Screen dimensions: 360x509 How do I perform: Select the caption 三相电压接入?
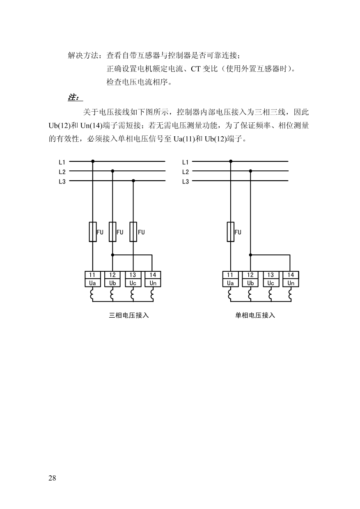point(129,315)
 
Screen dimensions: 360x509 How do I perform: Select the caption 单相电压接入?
point(255,315)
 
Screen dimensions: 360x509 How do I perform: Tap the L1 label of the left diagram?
point(62,162)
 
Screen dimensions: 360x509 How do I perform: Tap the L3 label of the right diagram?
point(186,181)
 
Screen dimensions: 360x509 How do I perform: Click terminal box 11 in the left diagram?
point(92,275)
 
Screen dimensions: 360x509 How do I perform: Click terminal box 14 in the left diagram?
point(153,275)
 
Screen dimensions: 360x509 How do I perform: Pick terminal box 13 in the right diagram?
point(271,275)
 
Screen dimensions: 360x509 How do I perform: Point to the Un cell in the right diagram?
point(291,283)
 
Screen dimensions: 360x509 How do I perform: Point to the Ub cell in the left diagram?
point(112,283)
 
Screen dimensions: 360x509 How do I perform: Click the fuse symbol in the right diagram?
point(230,232)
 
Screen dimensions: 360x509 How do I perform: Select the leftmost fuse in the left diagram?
point(92,232)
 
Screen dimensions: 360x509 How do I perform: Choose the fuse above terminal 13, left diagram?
point(133,232)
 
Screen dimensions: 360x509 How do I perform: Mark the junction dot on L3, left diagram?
point(133,181)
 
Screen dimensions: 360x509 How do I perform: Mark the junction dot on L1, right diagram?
point(231,161)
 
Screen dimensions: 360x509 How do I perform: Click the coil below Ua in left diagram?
point(92,294)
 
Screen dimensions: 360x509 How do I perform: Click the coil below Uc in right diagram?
point(270,294)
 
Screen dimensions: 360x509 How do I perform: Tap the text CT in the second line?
point(195,69)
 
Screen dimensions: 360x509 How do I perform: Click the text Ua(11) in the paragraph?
point(184,139)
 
